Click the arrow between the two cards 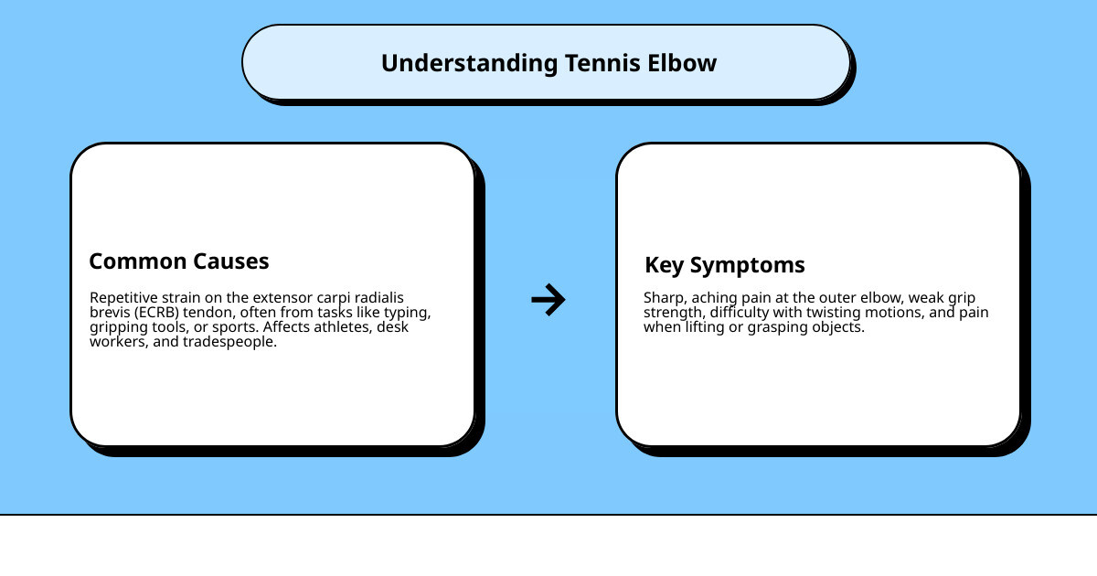[548, 300]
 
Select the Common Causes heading [179, 261]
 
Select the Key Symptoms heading [725, 265]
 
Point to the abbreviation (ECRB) [158, 313]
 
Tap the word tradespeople [228, 342]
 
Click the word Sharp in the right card [662, 298]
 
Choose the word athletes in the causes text [342, 327]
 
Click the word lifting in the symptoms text [698, 327]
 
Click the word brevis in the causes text [111, 313]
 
